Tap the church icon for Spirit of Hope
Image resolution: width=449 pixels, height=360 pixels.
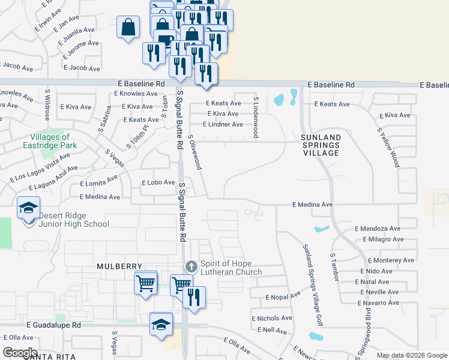tap(191, 266)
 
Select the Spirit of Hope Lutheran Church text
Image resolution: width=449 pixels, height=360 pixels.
tap(231, 268)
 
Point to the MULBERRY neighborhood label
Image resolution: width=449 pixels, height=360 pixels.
tap(120, 266)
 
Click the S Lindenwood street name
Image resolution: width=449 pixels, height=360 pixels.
tap(255, 117)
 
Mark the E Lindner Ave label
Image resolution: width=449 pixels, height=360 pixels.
tap(223, 124)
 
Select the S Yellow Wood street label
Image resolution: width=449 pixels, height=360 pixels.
tap(388, 146)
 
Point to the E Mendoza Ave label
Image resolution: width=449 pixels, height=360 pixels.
tap(377, 229)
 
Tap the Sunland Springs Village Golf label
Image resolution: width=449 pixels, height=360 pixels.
tap(313, 286)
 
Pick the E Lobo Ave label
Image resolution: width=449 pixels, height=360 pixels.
tap(157, 182)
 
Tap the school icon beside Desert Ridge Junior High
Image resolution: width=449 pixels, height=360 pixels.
tap(28, 208)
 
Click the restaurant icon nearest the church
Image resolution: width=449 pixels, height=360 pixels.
tap(194, 297)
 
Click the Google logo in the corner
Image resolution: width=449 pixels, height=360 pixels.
tap(20, 352)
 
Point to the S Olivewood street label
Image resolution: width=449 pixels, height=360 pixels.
tap(194, 152)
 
